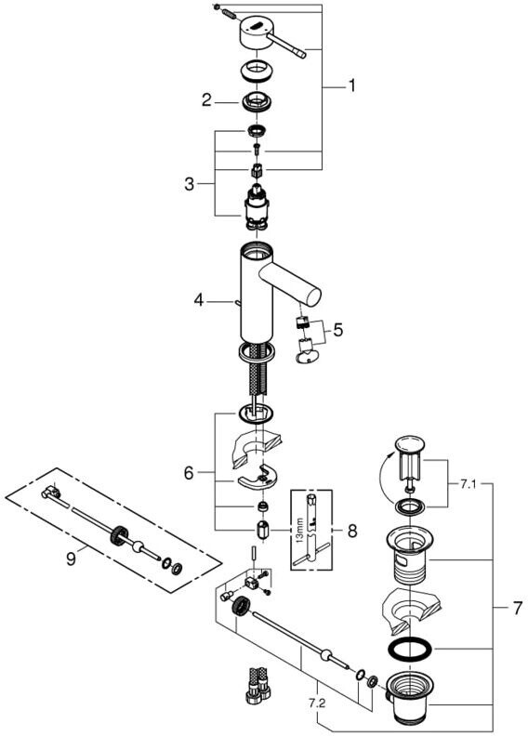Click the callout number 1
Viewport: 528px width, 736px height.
point(351,85)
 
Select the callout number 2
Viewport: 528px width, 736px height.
point(206,100)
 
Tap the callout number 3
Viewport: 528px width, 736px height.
point(189,184)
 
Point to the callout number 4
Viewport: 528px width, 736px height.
point(199,300)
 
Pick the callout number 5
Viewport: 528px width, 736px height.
point(338,330)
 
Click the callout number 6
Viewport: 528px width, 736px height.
point(188,473)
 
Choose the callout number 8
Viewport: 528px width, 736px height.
point(352,531)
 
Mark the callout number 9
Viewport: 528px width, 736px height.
point(71,559)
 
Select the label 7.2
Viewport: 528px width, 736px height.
point(317,703)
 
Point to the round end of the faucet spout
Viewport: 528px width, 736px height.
point(313,296)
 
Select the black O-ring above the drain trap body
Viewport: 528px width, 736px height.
point(410,651)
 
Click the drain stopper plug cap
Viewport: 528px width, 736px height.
point(410,444)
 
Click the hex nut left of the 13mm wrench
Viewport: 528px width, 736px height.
point(262,531)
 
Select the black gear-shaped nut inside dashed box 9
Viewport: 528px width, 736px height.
point(119,534)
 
